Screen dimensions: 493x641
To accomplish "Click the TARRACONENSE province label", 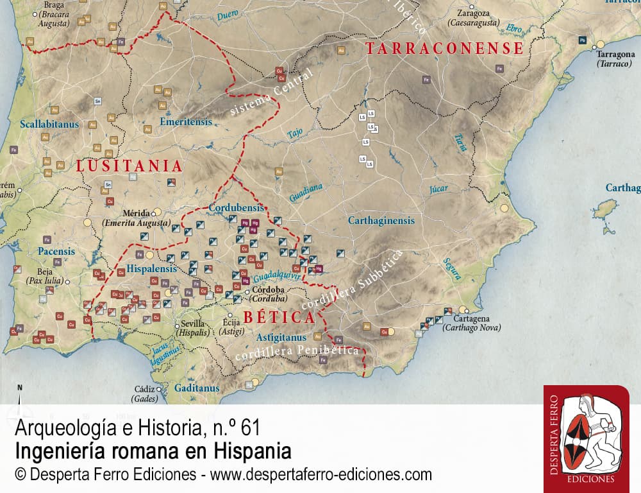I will tap(444, 49).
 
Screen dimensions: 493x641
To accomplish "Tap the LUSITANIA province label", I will tap(129, 166).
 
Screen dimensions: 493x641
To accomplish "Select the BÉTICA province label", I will tap(279, 317).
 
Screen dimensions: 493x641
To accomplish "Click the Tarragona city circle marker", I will tap(601, 45).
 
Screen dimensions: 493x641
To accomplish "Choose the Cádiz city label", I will tap(144, 389).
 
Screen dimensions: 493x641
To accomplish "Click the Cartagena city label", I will tap(471, 318).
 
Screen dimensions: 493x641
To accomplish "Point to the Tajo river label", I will tap(295, 134).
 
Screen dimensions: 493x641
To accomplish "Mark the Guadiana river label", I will tap(306, 193).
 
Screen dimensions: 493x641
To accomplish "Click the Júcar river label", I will tap(439, 189).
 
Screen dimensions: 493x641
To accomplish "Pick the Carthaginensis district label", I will tap(381, 220).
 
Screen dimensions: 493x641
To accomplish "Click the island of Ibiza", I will tap(604, 208).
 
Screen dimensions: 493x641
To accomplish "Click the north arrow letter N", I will tap(20, 388).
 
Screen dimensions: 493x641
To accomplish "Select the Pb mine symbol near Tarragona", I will tap(582, 40).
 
